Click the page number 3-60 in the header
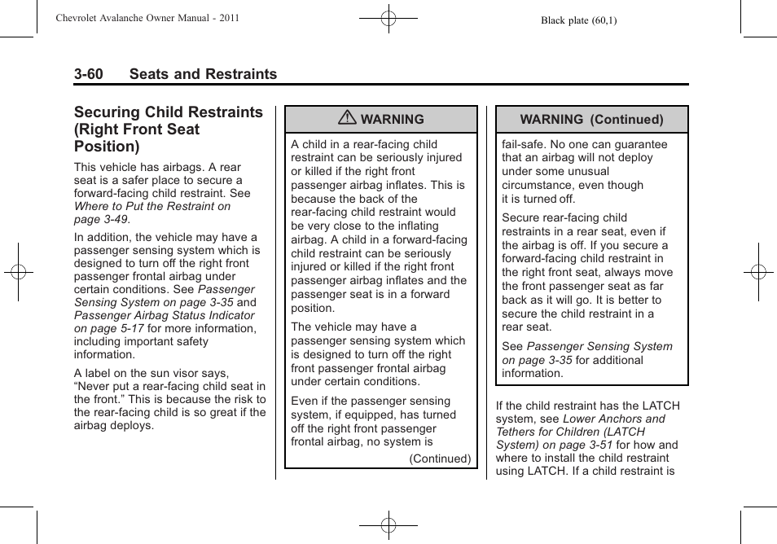pyautogui.click(x=88, y=74)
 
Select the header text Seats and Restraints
pyautogui.click(x=202, y=74)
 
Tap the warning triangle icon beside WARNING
pyautogui.click(x=348, y=119)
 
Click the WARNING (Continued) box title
pyautogui.click(x=591, y=119)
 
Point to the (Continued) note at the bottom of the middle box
pyautogui.click(x=440, y=458)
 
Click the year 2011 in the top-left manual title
pyautogui.click(x=228, y=17)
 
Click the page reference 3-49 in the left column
pyautogui.click(x=114, y=219)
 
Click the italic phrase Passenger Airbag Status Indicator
pyautogui.click(x=164, y=315)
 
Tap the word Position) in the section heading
pyautogui.click(x=107, y=147)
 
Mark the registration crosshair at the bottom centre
pyautogui.click(x=388, y=526)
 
